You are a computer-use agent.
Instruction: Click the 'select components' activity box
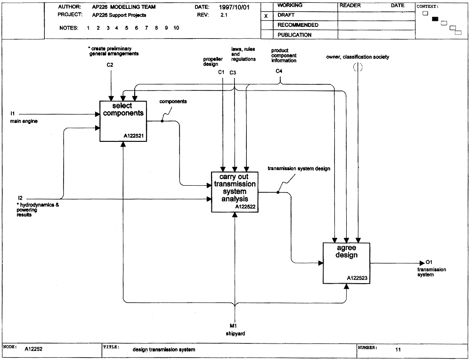click(123, 121)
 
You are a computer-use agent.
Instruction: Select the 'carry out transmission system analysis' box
click(235, 192)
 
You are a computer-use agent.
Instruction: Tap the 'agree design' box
click(346, 263)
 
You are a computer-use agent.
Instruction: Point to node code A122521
click(134, 136)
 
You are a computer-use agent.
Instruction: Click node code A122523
click(357, 278)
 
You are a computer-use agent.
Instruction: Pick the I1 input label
click(13, 113)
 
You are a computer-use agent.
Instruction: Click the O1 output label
click(429, 262)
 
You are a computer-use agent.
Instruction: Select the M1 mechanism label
click(234, 326)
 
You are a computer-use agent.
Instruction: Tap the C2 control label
click(110, 65)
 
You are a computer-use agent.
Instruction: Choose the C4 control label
click(279, 71)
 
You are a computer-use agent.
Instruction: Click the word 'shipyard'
click(235, 334)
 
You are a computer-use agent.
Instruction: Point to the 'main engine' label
click(24, 121)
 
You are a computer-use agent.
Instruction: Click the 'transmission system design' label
click(299, 169)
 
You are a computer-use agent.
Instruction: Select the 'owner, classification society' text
click(357, 57)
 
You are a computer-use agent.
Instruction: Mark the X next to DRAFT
click(266, 16)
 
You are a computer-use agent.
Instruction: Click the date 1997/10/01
click(234, 7)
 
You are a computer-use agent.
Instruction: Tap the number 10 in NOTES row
click(176, 28)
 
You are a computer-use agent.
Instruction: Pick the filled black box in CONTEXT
click(435, 19)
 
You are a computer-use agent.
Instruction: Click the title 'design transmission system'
click(164, 350)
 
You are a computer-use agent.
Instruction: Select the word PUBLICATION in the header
click(294, 35)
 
